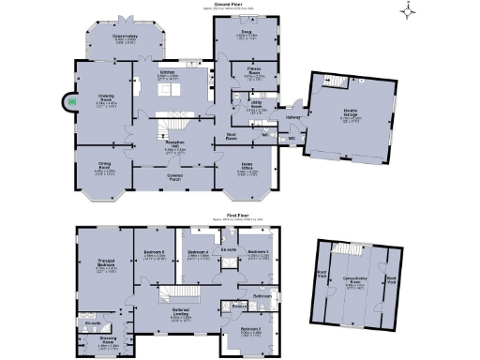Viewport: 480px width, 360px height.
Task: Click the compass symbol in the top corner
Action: (408, 11)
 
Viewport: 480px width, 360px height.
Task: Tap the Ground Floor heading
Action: (240, 4)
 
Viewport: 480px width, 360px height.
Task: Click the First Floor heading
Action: (240, 215)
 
